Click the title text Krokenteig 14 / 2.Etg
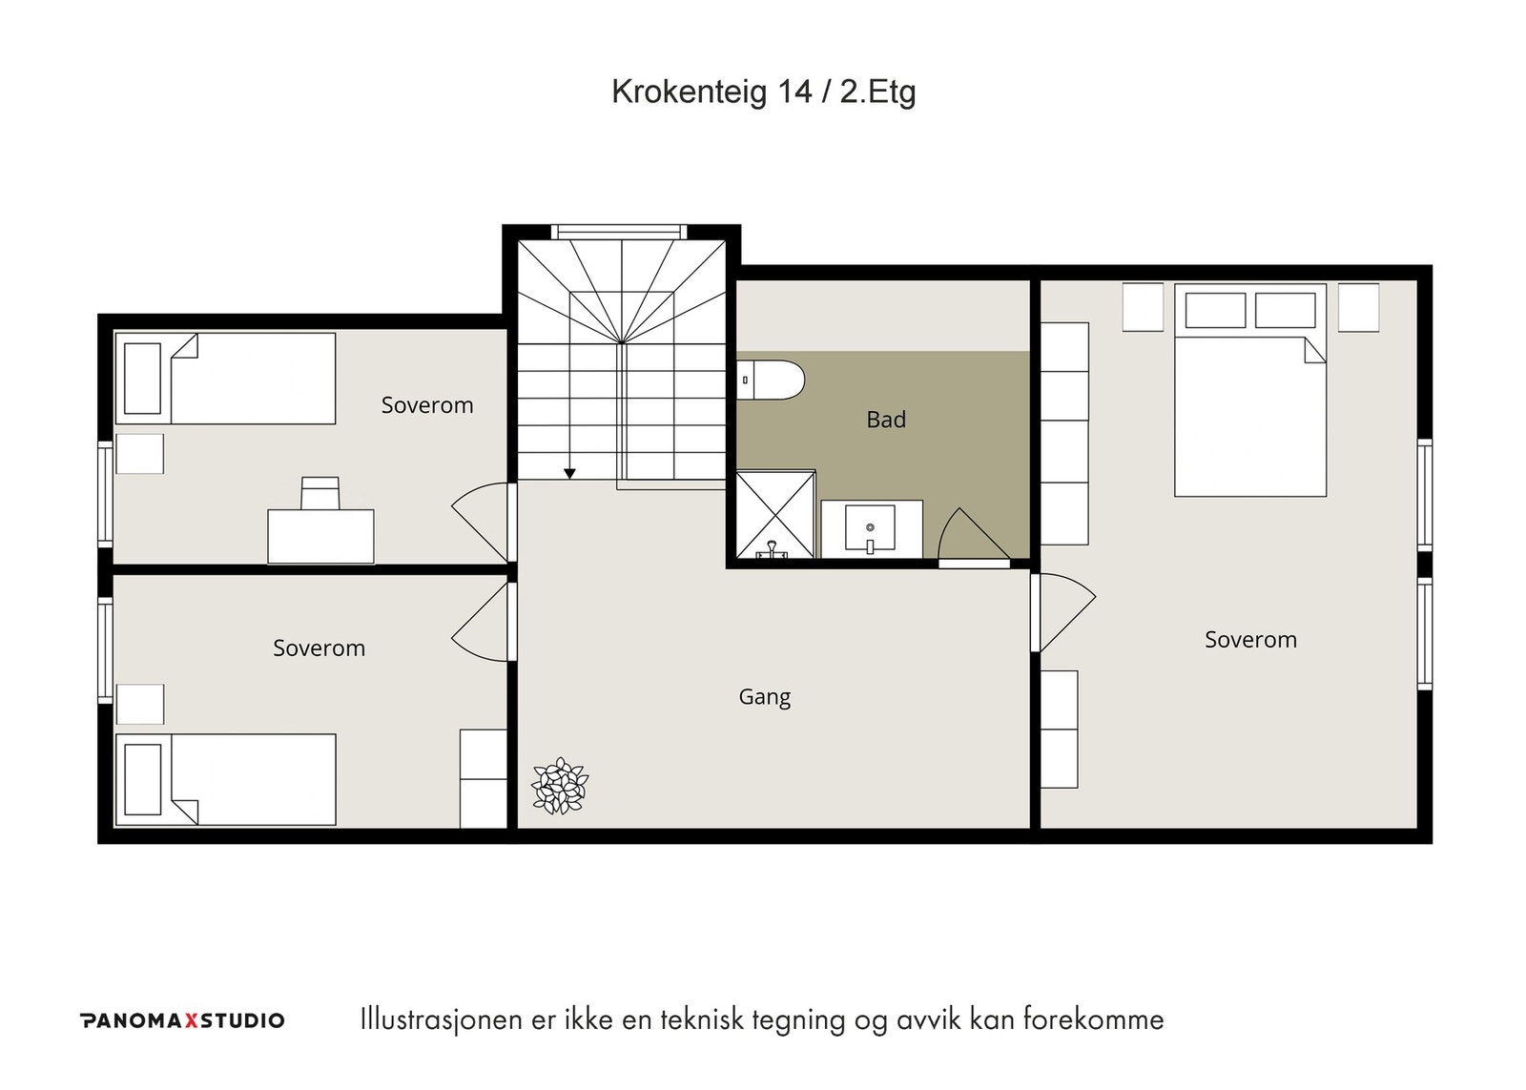(x=763, y=92)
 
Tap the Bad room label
(x=886, y=420)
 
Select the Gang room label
(x=764, y=698)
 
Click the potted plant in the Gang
(x=560, y=786)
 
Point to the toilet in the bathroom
(x=771, y=380)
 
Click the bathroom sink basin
(x=870, y=528)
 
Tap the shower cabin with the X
(x=776, y=514)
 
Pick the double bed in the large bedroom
(x=1250, y=390)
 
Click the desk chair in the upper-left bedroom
(x=320, y=493)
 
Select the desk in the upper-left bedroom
(x=320, y=536)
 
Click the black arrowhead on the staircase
(x=569, y=473)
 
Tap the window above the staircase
(x=619, y=232)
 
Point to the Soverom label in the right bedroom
(x=1250, y=640)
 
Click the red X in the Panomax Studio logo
(x=192, y=1020)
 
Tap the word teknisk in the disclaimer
(x=702, y=1019)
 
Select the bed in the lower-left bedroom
(x=225, y=779)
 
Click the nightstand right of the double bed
(x=1358, y=307)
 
